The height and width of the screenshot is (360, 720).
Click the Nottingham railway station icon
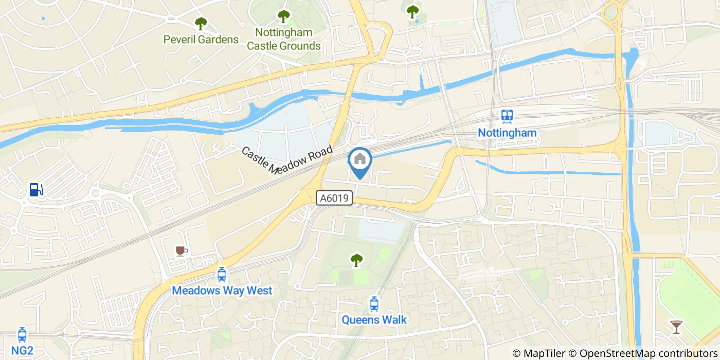pos(508,116)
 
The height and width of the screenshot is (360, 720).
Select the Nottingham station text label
pos(507,133)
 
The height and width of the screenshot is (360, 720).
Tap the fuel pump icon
pos(35,189)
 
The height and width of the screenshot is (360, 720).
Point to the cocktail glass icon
pos(676,327)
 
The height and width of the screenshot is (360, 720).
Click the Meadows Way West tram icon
pos(222,275)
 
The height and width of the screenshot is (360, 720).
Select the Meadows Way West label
pos(222,291)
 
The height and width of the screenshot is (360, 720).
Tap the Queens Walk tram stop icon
pos(374,304)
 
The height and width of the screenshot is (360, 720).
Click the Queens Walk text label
pos(374,320)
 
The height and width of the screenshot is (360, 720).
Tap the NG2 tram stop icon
pos(22,335)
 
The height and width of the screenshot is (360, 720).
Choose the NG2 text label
pos(22,351)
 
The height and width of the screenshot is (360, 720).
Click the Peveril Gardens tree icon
pos(201,24)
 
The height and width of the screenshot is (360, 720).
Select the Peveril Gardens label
pos(201,40)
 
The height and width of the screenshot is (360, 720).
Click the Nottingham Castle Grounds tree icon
pos(283,17)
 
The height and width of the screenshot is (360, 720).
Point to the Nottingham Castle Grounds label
pos(283,39)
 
